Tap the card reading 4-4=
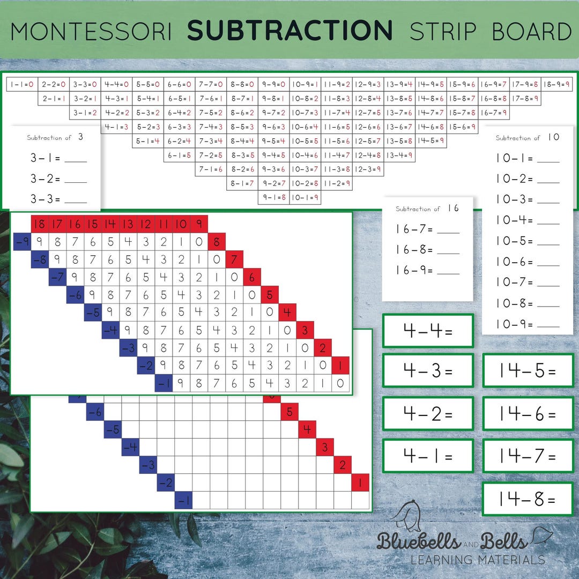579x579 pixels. (x=428, y=331)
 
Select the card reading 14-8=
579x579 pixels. (x=528, y=499)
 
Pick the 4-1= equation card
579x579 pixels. (x=428, y=457)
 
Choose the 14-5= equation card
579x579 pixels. (x=528, y=371)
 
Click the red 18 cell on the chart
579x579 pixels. (x=39, y=224)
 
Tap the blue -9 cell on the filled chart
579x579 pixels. (x=21, y=242)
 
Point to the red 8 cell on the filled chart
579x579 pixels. (x=217, y=242)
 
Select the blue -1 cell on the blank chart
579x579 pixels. (x=183, y=500)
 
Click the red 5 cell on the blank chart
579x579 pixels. (x=289, y=412)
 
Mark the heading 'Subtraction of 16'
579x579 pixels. (x=427, y=209)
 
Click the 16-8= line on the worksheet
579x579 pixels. (x=427, y=250)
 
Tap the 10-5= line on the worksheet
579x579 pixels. (x=527, y=241)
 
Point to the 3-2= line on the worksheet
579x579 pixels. (x=58, y=179)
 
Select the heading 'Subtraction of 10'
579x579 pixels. (x=527, y=138)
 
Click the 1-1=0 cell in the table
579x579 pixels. (x=22, y=84)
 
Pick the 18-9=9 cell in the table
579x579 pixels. (x=557, y=84)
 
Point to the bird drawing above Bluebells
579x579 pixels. (x=405, y=516)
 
